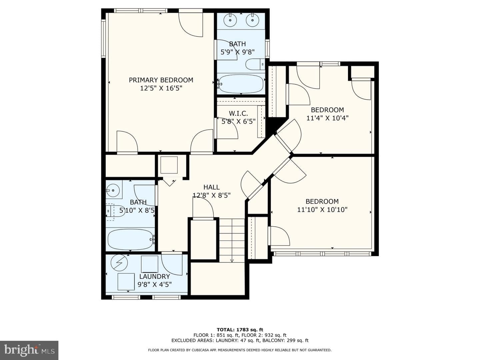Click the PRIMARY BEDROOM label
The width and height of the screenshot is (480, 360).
[x=161, y=80]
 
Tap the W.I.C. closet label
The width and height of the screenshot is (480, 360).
[x=238, y=113]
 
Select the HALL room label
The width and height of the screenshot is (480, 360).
[x=211, y=187]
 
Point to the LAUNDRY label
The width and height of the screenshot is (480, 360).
[x=155, y=276]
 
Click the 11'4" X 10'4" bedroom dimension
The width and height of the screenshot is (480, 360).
[x=327, y=118]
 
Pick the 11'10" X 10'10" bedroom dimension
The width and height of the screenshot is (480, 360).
[x=322, y=210]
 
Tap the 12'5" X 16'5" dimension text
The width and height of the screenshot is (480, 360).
[x=161, y=88]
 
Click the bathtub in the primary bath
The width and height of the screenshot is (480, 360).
[x=241, y=84]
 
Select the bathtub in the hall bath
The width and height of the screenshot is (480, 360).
[x=131, y=240]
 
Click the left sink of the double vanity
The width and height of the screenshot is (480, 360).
[x=230, y=20]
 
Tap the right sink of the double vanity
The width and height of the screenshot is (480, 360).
[x=253, y=20]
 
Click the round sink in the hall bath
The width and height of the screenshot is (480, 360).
[x=113, y=190]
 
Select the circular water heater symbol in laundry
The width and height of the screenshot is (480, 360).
[x=119, y=262]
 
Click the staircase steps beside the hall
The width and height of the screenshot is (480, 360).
[x=232, y=240]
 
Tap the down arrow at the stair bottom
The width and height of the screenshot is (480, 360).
[x=232, y=260]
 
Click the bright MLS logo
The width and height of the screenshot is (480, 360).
[x=29, y=350]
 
